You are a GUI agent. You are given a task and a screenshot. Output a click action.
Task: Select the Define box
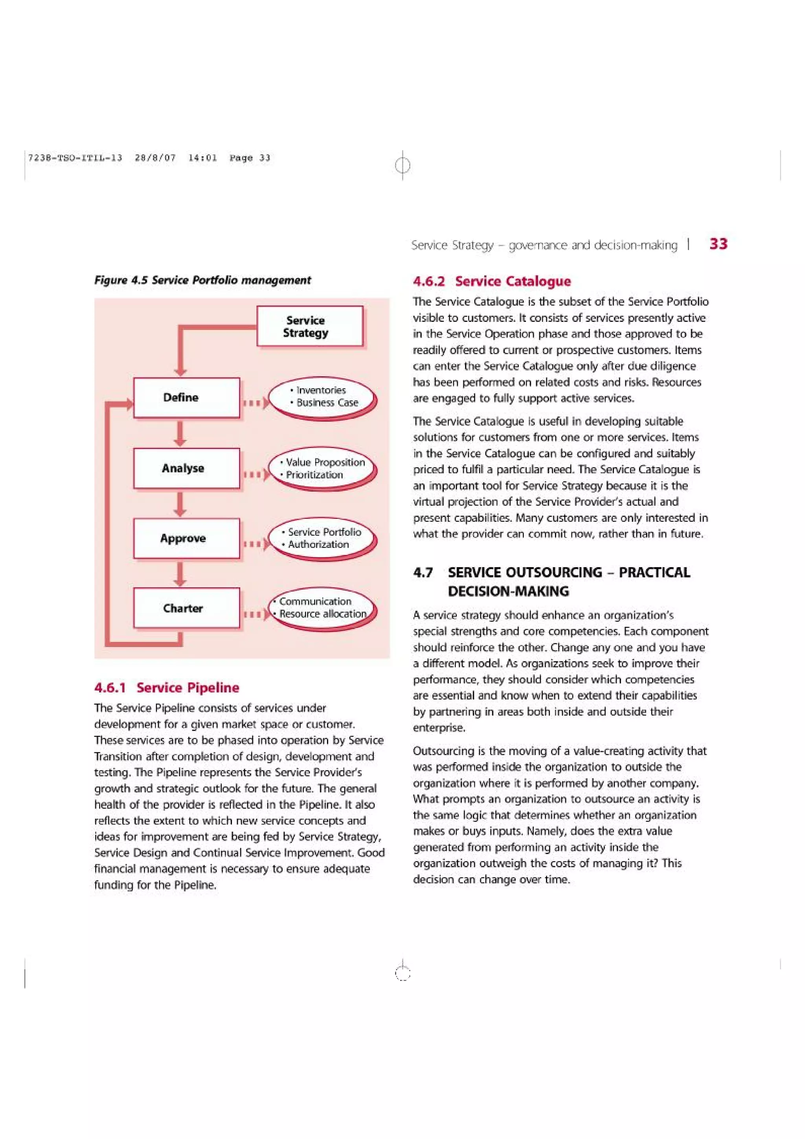coord(186,397)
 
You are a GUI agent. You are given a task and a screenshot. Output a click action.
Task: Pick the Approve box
coord(186,538)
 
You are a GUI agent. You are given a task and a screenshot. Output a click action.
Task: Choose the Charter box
coord(186,608)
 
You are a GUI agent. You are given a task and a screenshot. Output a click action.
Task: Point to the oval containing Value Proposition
coord(323,468)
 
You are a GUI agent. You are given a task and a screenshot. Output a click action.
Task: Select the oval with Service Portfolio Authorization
coord(323,538)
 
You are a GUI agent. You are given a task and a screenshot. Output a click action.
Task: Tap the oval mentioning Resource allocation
coord(323,608)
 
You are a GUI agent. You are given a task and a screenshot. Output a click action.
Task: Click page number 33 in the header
coord(718,244)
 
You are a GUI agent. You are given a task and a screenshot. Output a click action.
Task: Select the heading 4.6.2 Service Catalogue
coord(492,281)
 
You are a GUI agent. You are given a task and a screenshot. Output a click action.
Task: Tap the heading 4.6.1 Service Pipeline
coord(167,687)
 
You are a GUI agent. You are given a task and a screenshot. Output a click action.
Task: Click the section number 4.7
coord(423,573)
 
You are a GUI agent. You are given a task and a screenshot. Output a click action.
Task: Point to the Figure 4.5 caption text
coord(202,280)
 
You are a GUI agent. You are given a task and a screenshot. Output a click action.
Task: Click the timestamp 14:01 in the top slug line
coord(202,158)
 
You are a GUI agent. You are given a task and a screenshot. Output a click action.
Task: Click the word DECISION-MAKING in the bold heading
coord(508,592)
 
